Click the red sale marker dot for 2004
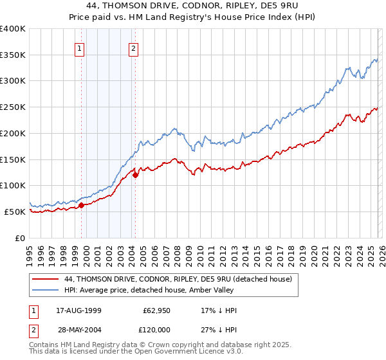(136, 175)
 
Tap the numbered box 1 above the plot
(79, 48)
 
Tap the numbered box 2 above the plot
(133, 48)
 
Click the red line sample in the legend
(46, 279)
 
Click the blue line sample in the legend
(46, 290)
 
